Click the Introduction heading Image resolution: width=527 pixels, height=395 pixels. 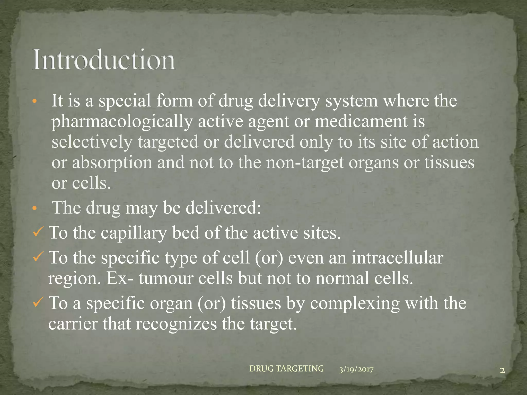[x=104, y=60]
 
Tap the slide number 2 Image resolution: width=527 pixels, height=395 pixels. [x=502, y=371]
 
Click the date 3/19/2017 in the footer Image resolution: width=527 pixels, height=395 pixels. [x=356, y=370]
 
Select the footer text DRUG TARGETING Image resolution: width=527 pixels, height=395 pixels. [x=286, y=369]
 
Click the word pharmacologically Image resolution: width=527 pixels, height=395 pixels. [x=122, y=122]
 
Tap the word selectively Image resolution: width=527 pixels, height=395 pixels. [x=92, y=142]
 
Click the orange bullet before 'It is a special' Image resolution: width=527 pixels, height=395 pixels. [x=35, y=102]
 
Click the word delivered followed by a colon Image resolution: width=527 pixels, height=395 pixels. [x=223, y=208]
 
